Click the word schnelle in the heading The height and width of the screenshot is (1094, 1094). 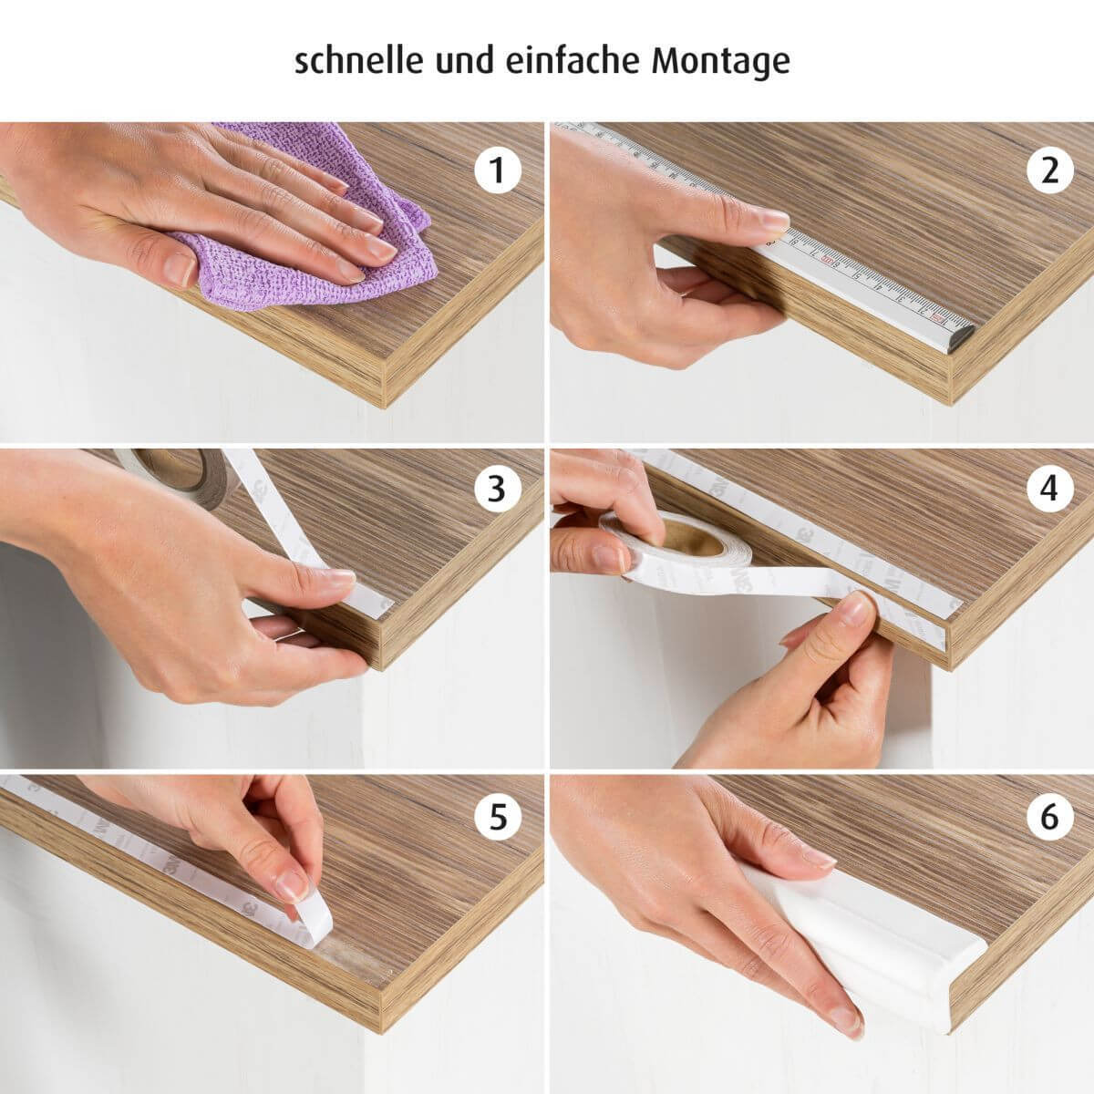click(359, 60)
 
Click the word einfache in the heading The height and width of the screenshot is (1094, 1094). click(573, 60)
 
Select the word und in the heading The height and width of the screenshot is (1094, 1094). click(464, 61)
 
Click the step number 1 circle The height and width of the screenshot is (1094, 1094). click(498, 170)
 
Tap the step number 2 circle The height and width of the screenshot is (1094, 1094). click(1049, 170)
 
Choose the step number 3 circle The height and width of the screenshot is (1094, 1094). click(498, 489)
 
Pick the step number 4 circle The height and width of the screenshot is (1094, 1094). click(1049, 489)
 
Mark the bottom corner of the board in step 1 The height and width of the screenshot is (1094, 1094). click(385, 408)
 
